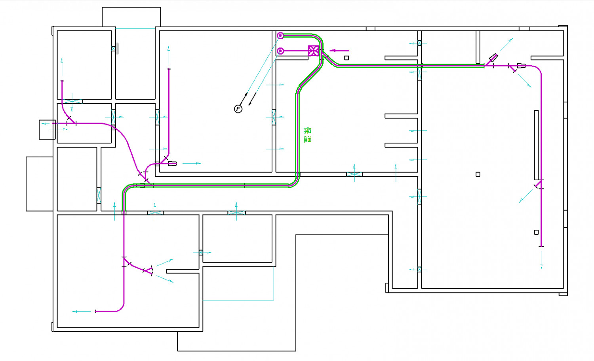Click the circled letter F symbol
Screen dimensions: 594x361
pos(238,109)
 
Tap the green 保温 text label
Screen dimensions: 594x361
pos(307,135)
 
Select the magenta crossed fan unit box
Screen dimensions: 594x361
pos(314,51)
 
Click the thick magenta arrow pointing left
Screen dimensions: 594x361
pos(339,51)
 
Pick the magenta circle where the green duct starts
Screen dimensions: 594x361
pos(280,36)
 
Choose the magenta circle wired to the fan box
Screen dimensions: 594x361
pos(280,51)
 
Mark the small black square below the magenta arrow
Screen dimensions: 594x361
pos(346,58)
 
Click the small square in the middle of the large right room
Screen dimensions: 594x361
pos(478,174)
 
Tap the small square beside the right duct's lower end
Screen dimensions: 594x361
pos(536,232)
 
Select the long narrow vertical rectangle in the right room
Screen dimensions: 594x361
pos(536,145)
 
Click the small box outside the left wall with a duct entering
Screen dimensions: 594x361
pos(47,130)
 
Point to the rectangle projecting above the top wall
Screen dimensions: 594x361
pos(131,17)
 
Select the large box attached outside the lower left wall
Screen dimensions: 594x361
pos(40,184)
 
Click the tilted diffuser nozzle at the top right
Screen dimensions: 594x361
pos(493,58)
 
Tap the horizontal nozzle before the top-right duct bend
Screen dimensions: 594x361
pos(521,66)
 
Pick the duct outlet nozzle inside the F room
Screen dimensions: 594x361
pos(172,164)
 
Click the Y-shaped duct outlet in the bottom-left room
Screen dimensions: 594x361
pos(148,270)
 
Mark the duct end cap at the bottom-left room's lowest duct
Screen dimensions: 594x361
pos(95,312)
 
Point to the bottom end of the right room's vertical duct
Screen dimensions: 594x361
pos(541,247)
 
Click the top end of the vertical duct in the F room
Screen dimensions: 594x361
pos(169,69)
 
